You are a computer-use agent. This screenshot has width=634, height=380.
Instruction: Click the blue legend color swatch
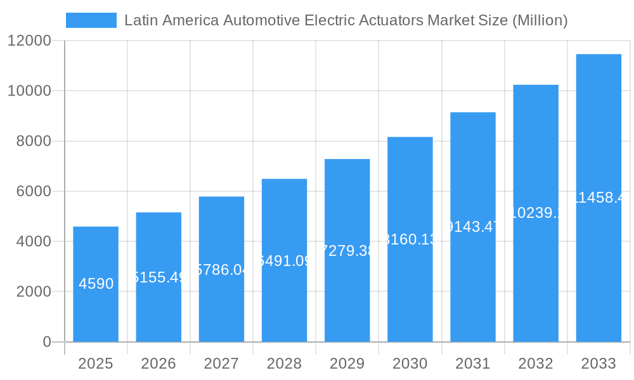[x=91, y=20]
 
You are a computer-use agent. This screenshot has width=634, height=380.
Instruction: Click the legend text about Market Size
[x=346, y=20]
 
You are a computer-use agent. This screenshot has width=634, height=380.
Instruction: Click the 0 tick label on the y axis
[x=47, y=342]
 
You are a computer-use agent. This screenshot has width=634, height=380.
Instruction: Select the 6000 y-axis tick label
[x=33, y=191]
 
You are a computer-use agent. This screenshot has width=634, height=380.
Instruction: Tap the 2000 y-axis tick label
[x=33, y=292]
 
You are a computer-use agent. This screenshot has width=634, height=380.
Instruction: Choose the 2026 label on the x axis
[x=158, y=364]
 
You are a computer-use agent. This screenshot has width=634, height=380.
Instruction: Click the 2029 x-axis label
[x=347, y=364]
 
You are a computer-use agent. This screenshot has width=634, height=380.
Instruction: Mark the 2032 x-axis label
[x=536, y=364]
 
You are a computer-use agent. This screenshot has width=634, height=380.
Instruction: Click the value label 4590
[x=96, y=284]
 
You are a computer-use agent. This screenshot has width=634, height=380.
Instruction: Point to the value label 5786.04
[x=221, y=270]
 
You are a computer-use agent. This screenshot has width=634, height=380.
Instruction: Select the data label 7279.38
[x=347, y=251]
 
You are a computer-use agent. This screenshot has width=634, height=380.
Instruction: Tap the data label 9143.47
[x=473, y=227]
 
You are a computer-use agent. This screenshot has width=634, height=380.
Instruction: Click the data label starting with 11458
[x=598, y=198]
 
